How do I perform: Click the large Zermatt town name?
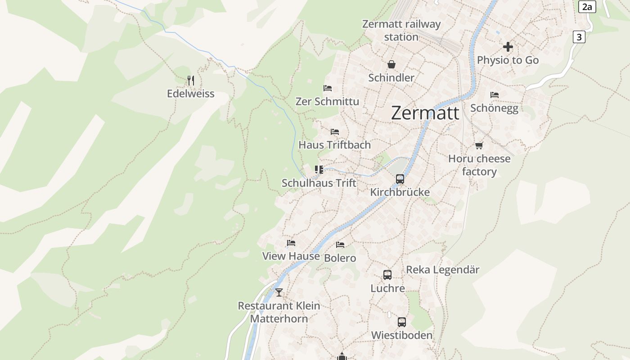coord(425,112)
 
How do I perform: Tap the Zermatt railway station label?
coord(401,30)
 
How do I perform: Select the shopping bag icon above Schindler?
coord(391,64)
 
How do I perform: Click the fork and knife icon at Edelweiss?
coord(191,81)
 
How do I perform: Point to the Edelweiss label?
coord(191,94)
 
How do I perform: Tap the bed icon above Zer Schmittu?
coord(328,88)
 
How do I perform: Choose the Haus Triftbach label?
coord(335,144)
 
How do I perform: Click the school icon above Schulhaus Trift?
coord(319,170)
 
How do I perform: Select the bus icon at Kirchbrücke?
coord(400,179)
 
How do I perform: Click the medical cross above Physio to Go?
coord(508,47)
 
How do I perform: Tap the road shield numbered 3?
coord(579,37)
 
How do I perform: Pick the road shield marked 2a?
coord(587,6)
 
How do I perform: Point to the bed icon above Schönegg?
coord(495,95)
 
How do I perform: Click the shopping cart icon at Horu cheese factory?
coord(479,145)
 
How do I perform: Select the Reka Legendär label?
coord(443,270)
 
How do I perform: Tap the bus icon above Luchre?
coord(387,274)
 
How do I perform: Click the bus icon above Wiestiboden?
coord(402,322)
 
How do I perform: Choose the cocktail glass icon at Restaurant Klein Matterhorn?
coord(279,292)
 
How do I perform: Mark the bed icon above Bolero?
coord(340,245)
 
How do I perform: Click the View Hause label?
coord(291,256)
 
